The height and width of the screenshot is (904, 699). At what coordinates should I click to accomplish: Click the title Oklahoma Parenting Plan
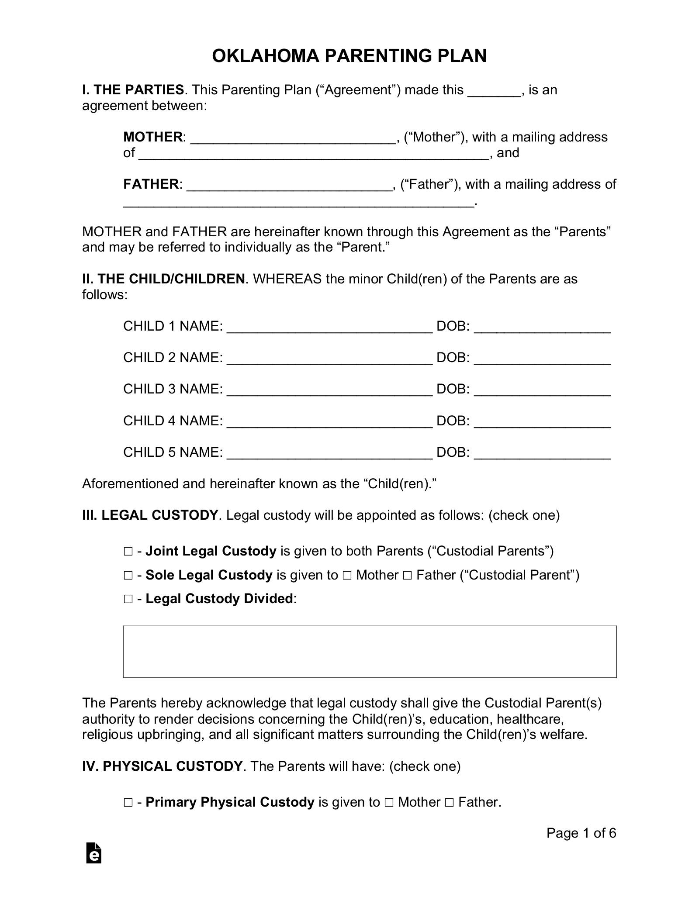[x=349, y=56]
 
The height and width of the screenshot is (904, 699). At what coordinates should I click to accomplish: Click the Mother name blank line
[x=293, y=138]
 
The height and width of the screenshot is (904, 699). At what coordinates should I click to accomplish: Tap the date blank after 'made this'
[x=494, y=91]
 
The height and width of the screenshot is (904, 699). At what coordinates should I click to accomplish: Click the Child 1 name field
[x=330, y=327]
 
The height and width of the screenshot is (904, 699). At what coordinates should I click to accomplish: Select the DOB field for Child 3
[x=542, y=390]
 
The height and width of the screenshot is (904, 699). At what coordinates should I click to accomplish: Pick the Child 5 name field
[x=330, y=453]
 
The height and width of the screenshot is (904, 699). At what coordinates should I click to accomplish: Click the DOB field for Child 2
[x=542, y=359]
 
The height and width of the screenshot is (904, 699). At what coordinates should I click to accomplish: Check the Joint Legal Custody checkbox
[x=128, y=552]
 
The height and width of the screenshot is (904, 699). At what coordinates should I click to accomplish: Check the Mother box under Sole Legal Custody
[x=347, y=576]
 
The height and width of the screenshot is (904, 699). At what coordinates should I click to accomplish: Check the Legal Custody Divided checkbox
[x=128, y=599]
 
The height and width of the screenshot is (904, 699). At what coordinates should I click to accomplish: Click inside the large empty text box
[x=370, y=652]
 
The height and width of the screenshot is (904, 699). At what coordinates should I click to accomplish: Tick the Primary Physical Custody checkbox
[x=128, y=803]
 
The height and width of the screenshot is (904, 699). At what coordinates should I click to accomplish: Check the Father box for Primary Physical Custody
[x=449, y=803]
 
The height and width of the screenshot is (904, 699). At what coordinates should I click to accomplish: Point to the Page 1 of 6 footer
[x=581, y=833]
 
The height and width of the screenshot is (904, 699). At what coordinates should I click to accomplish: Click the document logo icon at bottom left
[x=94, y=853]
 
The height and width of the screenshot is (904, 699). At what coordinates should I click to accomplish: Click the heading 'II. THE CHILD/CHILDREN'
[x=163, y=279]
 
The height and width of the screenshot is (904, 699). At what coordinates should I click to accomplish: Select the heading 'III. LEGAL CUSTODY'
[x=150, y=515]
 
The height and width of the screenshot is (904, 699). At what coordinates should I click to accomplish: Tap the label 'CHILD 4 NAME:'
[x=173, y=421]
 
